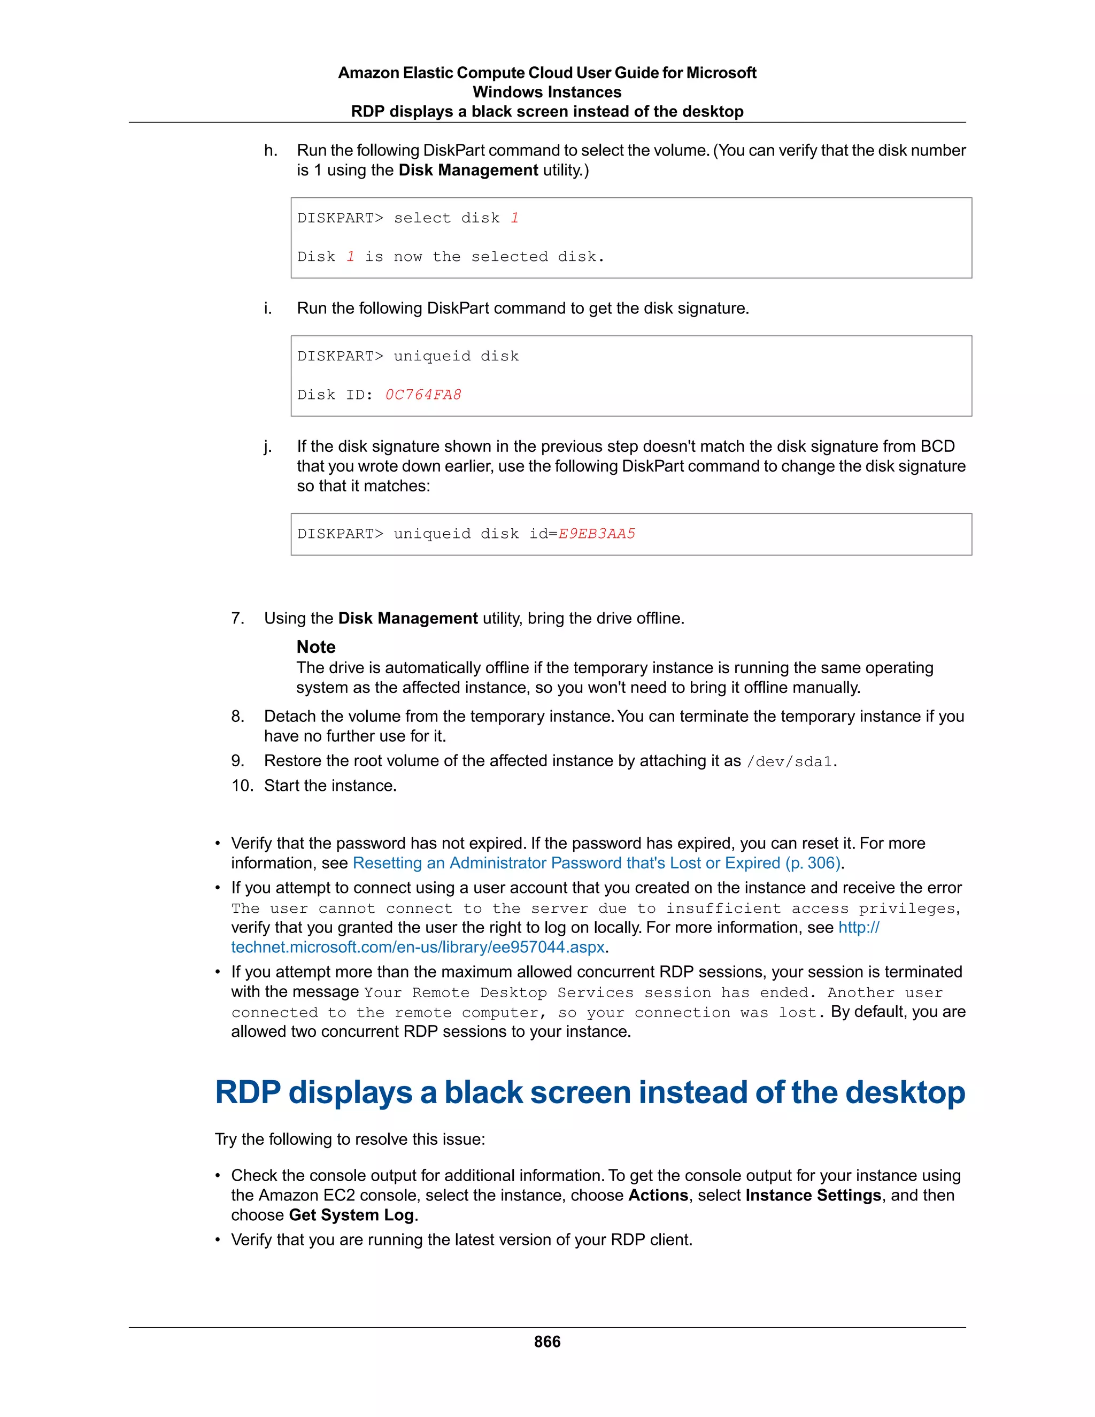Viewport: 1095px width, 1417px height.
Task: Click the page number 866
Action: (547, 1342)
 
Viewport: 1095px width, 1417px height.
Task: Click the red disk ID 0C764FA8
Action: (423, 395)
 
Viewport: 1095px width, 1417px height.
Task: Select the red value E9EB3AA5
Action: (596, 534)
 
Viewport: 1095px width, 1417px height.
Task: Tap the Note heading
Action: (316, 647)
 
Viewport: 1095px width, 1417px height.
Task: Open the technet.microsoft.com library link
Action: (419, 948)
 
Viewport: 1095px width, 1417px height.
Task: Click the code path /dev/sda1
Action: (789, 761)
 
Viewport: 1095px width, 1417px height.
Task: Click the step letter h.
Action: (271, 151)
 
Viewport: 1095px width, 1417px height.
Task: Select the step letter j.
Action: (267, 446)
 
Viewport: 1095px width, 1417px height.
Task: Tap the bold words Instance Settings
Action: (813, 1195)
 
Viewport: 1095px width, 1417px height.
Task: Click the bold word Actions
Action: (658, 1195)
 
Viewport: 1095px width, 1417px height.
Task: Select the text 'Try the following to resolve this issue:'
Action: (350, 1139)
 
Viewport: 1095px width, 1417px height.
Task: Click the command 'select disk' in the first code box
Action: (446, 219)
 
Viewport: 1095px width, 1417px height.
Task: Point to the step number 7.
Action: (238, 618)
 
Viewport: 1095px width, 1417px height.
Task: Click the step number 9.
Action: (238, 761)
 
